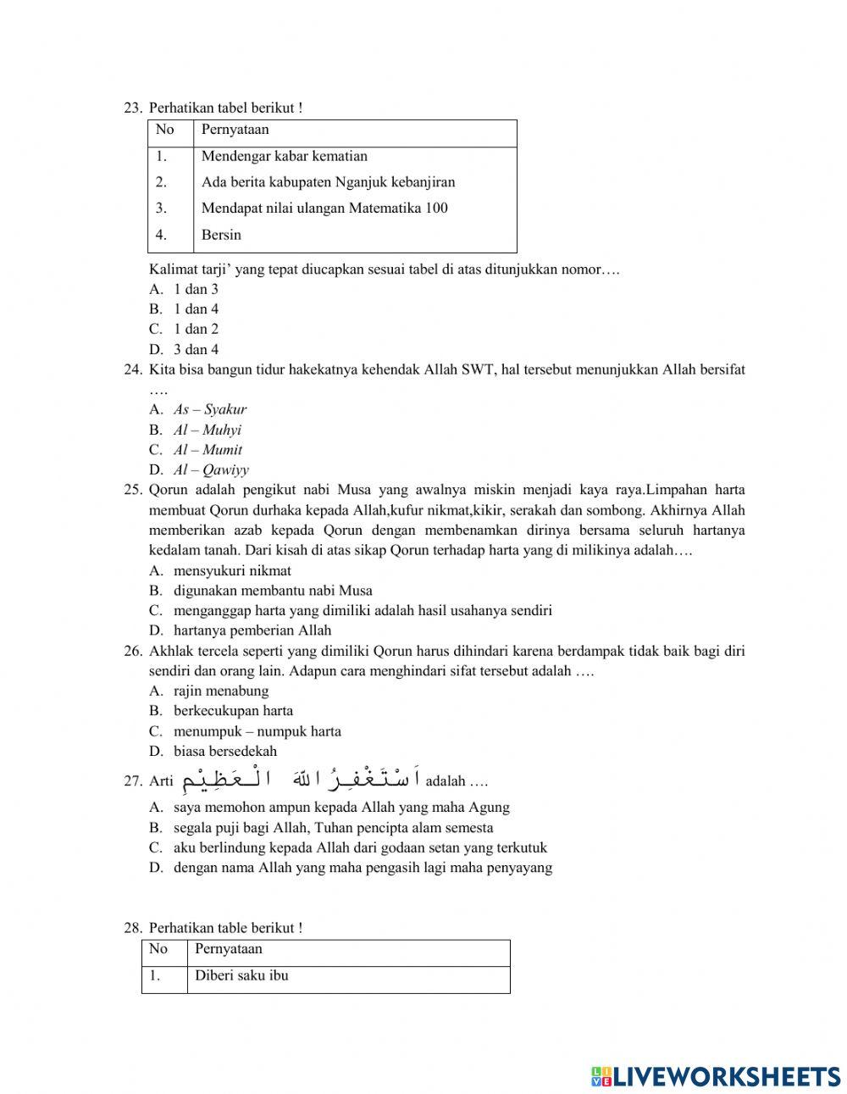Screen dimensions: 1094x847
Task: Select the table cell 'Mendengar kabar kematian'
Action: [x=284, y=156]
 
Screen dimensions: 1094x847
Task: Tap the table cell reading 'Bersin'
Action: [x=221, y=235]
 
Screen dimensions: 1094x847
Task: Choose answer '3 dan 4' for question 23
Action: [x=196, y=349]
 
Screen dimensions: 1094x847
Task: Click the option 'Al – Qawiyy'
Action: [x=211, y=470]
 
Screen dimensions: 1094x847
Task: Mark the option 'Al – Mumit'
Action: [x=208, y=450]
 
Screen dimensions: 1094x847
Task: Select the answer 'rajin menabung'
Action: [x=221, y=691]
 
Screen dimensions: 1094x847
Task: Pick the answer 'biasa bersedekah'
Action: [x=225, y=751]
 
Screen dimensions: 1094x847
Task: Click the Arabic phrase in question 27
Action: [x=300, y=778]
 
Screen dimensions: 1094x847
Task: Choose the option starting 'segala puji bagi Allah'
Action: [x=333, y=828]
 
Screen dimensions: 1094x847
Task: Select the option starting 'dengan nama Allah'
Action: [x=363, y=868]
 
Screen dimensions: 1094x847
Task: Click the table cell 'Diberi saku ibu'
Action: [x=241, y=975]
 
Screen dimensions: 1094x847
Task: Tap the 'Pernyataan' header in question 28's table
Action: [x=229, y=949]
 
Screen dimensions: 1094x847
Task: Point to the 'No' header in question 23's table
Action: [x=164, y=130]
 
